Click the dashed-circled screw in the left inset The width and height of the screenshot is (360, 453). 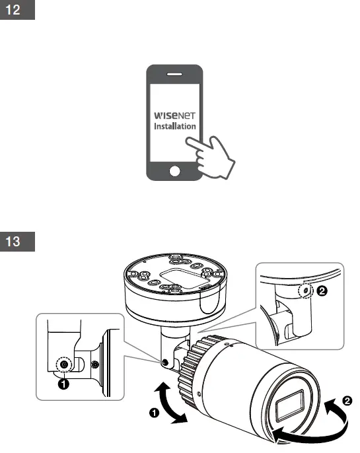click(63, 364)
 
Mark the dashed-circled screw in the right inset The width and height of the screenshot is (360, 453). click(305, 291)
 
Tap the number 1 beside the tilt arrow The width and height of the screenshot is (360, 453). click(154, 413)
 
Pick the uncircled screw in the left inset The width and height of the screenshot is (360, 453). click(96, 365)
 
